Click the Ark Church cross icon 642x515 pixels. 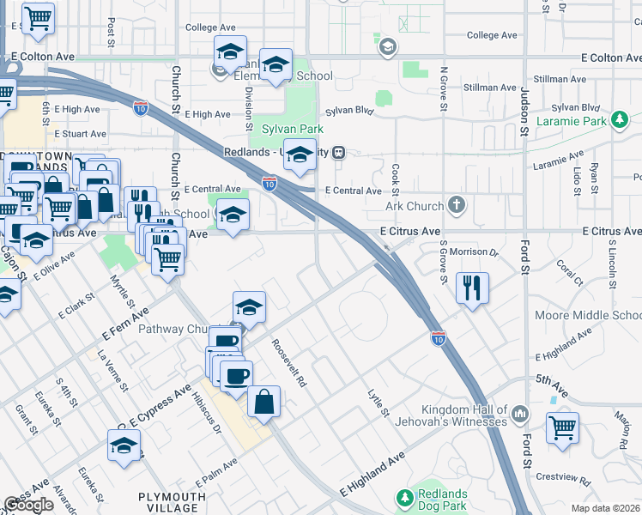click(457, 206)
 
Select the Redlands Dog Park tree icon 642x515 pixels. click(404, 497)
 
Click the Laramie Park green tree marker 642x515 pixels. click(618, 120)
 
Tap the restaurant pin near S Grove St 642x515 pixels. click(471, 288)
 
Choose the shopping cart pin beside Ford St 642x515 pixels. click(562, 428)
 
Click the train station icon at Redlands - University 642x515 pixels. click(340, 152)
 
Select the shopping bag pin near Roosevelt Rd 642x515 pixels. click(264, 402)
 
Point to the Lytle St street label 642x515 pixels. click(374, 403)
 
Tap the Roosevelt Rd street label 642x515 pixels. click(289, 364)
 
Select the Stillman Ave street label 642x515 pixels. click(560, 79)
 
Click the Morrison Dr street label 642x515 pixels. click(475, 252)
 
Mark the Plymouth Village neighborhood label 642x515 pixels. click(173, 503)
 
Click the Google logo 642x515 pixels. click(29, 505)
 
